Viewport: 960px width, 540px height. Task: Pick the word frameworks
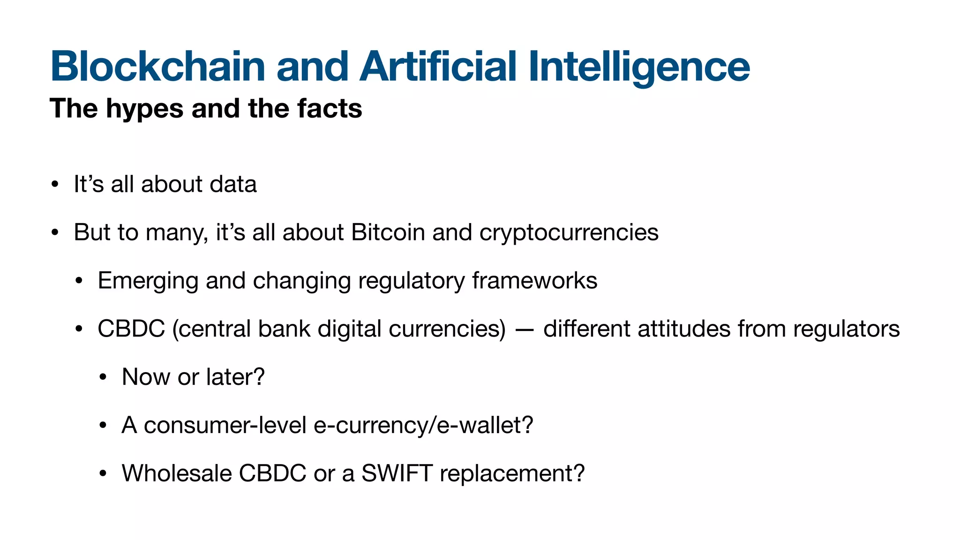click(534, 281)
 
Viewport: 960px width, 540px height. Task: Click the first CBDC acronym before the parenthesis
click(131, 329)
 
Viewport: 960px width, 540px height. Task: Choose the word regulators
click(846, 329)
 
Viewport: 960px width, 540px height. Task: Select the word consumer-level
click(225, 425)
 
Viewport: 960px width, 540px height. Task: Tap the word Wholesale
click(177, 473)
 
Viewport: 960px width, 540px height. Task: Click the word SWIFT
click(397, 473)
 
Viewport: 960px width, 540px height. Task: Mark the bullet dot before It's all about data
click(55, 184)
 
